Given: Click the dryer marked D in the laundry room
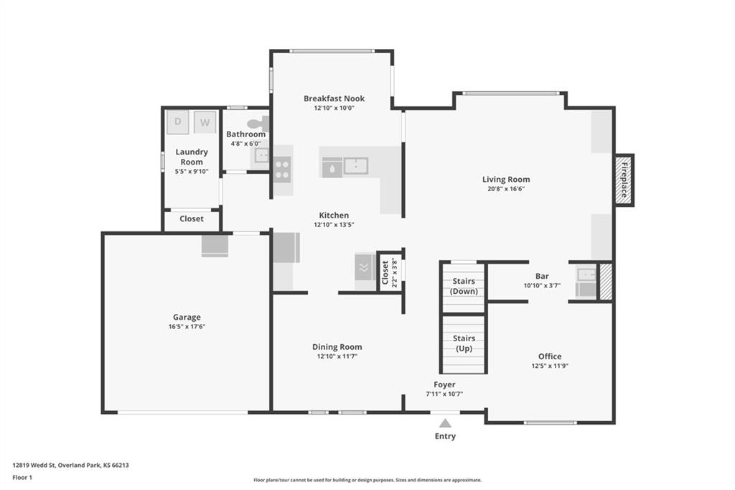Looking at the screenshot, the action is [x=178, y=122].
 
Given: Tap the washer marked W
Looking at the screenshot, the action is [x=205, y=122].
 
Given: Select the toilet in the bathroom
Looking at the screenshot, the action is [x=258, y=124].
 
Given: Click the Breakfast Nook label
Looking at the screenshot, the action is [x=334, y=98].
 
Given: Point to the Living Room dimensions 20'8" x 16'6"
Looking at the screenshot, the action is [x=506, y=189].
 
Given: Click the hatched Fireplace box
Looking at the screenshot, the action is [x=624, y=180].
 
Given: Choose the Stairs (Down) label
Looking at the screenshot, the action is [x=464, y=286].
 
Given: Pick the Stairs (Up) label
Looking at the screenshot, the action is [x=464, y=343].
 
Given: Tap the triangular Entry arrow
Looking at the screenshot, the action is [x=445, y=423].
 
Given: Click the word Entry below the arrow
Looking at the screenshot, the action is [x=445, y=437].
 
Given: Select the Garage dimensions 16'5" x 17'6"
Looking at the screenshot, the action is [x=187, y=327].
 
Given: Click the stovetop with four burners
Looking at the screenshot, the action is [x=282, y=170].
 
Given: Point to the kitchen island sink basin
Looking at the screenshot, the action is [x=356, y=166].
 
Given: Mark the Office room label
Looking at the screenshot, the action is [x=550, y=356].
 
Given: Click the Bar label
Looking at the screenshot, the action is [x=542, y=277].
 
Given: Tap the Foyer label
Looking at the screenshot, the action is [x=444, y=385].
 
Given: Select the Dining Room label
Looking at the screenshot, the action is [x=337, y=347].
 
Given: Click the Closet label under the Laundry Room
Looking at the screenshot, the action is [x=191, y=218].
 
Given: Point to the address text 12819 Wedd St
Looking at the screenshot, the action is [x=34, y=466].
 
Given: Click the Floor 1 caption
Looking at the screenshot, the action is [x=22, y=478].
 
